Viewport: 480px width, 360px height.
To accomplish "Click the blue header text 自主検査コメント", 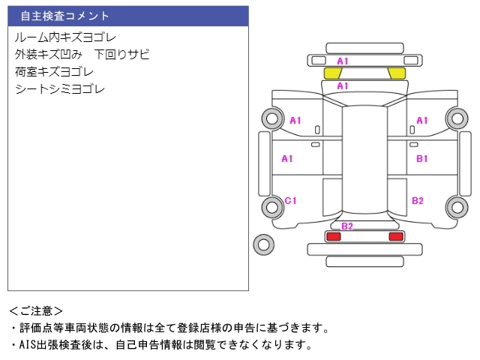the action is tap(64, 16).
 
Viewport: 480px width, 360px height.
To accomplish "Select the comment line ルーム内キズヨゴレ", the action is tap(65, 37).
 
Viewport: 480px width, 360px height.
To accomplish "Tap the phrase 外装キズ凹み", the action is tap(48, 55).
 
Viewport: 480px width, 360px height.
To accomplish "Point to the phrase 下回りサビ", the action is tap(121, 55).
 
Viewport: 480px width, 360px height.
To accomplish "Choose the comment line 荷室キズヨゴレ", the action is tap(54, 72).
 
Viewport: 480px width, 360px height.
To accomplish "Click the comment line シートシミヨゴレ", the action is tap(60, 89).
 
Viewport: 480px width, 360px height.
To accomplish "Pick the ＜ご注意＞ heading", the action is tap(36, 311).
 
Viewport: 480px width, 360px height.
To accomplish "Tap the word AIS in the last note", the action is tap(27, 345).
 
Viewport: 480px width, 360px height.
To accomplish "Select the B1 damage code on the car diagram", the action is tap(421, 158).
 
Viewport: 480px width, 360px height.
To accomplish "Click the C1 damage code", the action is tap(290, 200).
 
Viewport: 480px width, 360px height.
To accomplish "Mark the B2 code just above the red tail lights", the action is tap(347, 226).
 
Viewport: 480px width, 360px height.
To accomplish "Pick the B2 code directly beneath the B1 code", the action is tap(418, 200).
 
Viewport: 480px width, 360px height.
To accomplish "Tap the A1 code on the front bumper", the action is tap(343, 61).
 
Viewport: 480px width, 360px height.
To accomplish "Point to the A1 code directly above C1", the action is tap(287, 158).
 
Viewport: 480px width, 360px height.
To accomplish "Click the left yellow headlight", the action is tap(333, 73).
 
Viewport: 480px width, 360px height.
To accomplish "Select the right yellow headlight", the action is tap(397, 73).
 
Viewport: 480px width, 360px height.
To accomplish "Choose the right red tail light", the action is tap(396, 236).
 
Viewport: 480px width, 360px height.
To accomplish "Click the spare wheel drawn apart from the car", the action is tap(263, 244).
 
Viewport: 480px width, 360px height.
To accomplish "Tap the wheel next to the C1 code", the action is tap(272, 207).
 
